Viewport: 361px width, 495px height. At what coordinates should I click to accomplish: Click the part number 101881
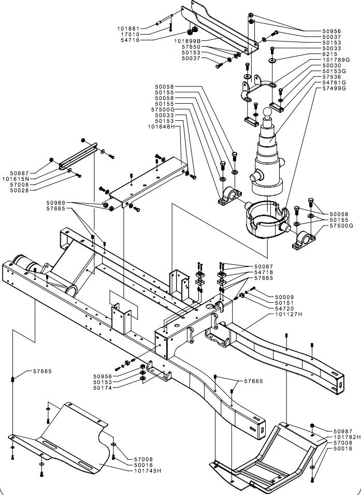pyautogui.click(x=128, y=29)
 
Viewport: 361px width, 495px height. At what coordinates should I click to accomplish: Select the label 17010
pyautogui.click(x=130, y=34)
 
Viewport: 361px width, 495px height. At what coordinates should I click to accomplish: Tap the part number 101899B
pyautogui.click(x=187, y=41)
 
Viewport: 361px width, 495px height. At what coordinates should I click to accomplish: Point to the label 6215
pyautogui.click(x=330, y=54)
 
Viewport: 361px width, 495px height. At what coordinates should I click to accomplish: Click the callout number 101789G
pyautogui.click(x=336, y=60)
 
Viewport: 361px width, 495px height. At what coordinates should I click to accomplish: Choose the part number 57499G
pyautogui.click(x=334, y=88)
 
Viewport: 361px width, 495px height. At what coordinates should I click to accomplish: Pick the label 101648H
pyautogui.click(x=161, y=126)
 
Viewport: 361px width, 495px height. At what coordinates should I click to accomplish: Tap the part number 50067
pyautogui.click(x=264, y=266)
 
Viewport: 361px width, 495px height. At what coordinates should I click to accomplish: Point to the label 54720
pyautogui.click(x=284, y=308)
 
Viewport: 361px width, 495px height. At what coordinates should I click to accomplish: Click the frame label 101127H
pyautogui.click(x=288, y=315)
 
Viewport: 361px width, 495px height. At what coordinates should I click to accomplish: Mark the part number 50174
pyautogui.click(x=102, y=388)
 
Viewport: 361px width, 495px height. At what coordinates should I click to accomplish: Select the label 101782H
pyautogui.click(x=347, y=437)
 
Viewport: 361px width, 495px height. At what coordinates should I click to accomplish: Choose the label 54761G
pyautogui.click(x=334, y=82)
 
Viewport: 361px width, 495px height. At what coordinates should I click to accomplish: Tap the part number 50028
pyautogui.click(x=20, y=190)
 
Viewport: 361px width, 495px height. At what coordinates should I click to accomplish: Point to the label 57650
pyautogui.click(x=191, y=47)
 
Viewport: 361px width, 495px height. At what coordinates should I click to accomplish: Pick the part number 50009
pyautogui.click(x=284, y=297)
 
